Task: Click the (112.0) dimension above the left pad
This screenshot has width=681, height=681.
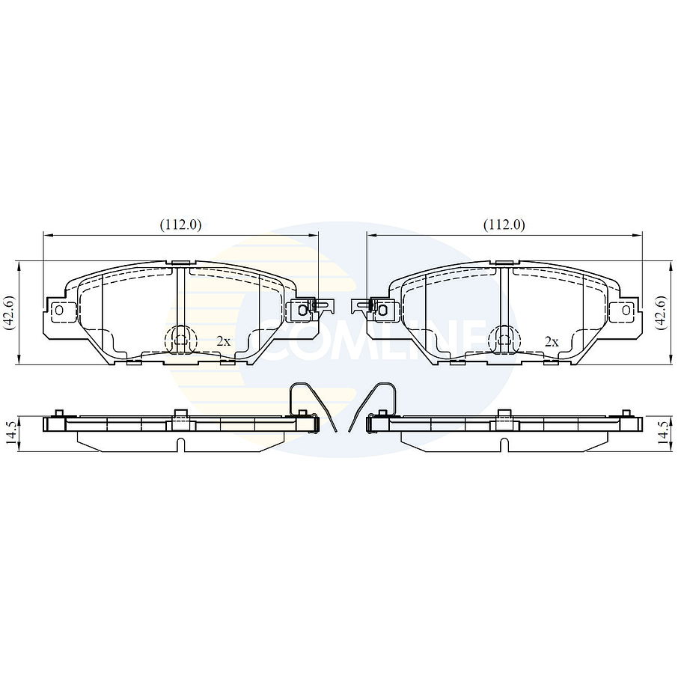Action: (180, 225)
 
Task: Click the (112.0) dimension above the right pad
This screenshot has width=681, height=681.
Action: (504, 225)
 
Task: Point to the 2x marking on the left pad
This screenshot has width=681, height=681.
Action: (223, 340)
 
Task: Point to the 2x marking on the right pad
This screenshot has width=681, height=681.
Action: (552, 340)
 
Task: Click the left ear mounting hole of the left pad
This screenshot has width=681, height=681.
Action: (59, 309)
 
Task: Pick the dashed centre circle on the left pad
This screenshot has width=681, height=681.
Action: (180, 340)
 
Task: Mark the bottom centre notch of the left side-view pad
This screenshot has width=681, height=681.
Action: (180, 443)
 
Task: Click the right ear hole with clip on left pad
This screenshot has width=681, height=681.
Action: (302, 308)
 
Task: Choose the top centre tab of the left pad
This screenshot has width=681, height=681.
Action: (180, 262)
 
